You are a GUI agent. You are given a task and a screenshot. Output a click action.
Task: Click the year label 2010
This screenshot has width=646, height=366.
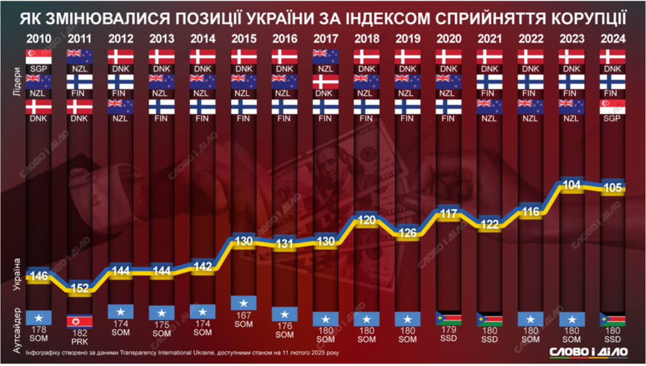pos(39,38)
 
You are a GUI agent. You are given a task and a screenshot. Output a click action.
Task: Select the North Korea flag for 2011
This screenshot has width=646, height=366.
pos(80,321)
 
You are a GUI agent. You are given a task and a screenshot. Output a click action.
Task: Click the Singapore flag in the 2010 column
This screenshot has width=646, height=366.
pos(39,56)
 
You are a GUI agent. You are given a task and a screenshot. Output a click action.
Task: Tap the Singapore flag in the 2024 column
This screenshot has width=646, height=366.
pos(612,107)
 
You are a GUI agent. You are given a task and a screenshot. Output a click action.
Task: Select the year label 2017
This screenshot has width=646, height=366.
pos(326,38)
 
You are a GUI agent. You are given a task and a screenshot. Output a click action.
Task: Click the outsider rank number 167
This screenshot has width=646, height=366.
pos(244,315)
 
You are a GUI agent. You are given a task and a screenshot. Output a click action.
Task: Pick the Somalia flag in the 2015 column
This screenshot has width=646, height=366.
pos(244,302)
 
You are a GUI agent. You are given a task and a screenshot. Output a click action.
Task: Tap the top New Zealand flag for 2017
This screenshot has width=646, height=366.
pos(326,56)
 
